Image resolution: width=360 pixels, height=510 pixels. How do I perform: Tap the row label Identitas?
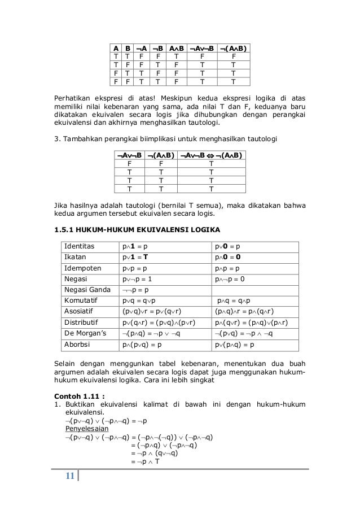click(81, 246)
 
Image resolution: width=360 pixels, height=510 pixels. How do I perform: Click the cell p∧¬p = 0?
click(230, 278)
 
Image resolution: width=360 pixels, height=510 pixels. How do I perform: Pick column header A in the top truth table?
click(116, 49)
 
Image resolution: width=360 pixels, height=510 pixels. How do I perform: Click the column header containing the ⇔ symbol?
click(211, 155)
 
